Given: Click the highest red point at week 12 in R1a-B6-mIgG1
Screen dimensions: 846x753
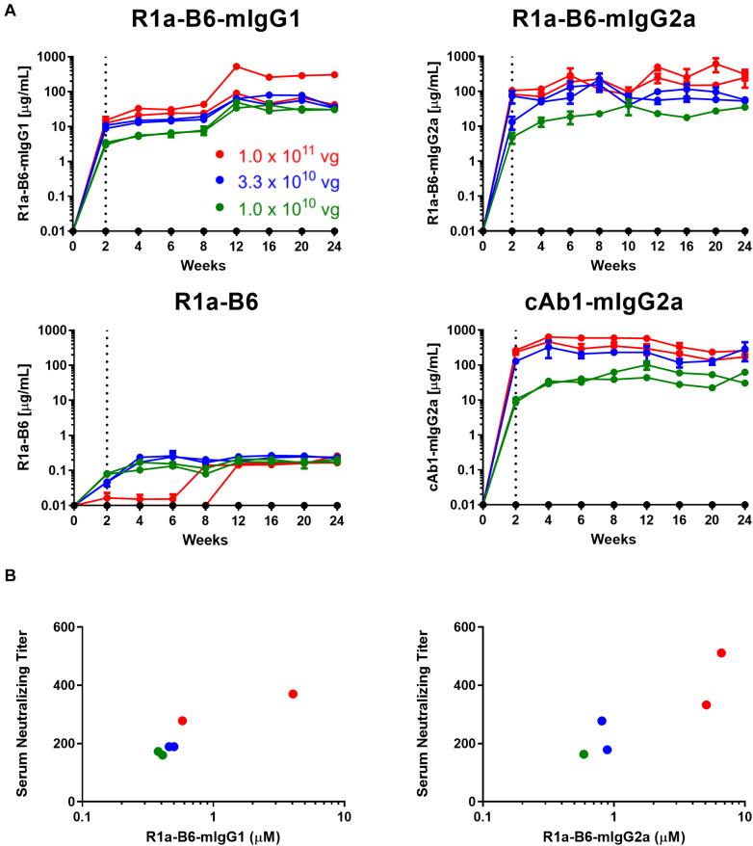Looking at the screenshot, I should pos(236,66).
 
